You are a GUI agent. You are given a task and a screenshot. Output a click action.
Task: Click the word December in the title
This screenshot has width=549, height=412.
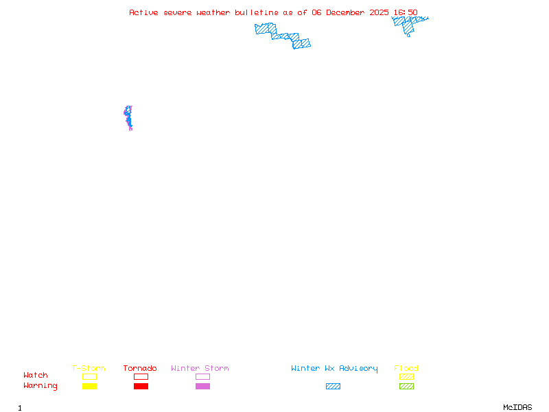[x=345, y=12]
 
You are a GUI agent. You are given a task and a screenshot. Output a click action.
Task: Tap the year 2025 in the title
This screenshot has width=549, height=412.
[x=379, y=12]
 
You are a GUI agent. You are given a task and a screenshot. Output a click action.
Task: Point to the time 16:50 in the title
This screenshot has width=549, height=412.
[x=406, y=12]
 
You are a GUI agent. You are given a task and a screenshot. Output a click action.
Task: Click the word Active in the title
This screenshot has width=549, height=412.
[x=143, y=12]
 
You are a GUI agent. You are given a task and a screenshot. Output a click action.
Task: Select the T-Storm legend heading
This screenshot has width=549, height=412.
[x=89, y=368]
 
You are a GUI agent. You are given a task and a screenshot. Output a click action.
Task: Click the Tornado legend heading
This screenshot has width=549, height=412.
[x=140, y=368]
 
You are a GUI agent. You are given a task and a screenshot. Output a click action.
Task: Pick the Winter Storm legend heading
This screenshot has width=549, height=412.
[x=200, y=368]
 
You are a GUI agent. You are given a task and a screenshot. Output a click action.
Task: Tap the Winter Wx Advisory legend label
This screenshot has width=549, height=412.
[x=334, y=369]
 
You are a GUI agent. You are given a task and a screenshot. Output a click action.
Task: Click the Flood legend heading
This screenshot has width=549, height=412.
[x=406, y=368]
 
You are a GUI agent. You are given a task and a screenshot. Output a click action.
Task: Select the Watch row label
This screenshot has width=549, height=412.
[x=36, y=375]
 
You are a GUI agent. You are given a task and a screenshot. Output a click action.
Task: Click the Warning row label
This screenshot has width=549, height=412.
[x=40, y=386]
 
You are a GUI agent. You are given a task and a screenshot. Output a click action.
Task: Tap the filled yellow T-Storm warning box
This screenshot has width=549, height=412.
[x=90, y=386]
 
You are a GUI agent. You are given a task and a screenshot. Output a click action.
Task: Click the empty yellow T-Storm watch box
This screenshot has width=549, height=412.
[x=90, y=376]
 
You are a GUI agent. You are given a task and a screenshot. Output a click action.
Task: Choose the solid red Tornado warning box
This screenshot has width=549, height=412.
[x=141, y=386]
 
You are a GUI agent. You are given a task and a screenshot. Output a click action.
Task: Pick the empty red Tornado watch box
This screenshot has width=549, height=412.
[x=141, y=376]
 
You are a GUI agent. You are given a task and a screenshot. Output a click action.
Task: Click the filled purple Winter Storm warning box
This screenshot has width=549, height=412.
[x=202, y=386]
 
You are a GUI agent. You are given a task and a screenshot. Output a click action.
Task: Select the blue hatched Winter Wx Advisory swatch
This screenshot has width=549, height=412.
[x=333, y=386]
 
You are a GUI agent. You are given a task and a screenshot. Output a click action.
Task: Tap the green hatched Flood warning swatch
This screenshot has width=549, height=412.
[x=406, y=386]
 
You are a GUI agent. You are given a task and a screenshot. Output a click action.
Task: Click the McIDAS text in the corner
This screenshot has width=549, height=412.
[x=517, y=407]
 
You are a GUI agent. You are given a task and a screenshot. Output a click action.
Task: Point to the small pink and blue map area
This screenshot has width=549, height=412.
[x=128, y=118]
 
